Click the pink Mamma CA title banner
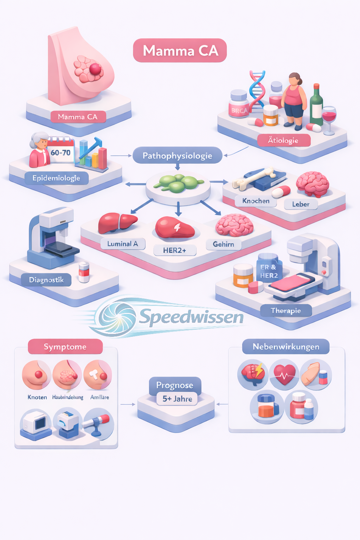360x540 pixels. click(180, 51)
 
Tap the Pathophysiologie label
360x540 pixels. click(178, 155)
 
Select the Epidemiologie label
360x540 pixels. click(56, 178)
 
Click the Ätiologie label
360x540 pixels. click(283, 140)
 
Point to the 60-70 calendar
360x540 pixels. click(60, 152)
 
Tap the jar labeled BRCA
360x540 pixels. click(239, 104)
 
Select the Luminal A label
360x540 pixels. click(123, 244)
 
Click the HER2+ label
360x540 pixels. click(175, 250)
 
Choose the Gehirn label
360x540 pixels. click(224, 244)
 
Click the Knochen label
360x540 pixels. click(256, 201)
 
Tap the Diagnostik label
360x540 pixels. click(46, 280)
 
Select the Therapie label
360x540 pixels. click(286, 310)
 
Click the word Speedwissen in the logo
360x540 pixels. click(192, 316)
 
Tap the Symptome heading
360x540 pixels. click(65, 347)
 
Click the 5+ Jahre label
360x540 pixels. click(177, 399)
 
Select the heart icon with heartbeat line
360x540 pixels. click(284, 374)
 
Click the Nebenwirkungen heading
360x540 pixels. click(286, 347)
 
